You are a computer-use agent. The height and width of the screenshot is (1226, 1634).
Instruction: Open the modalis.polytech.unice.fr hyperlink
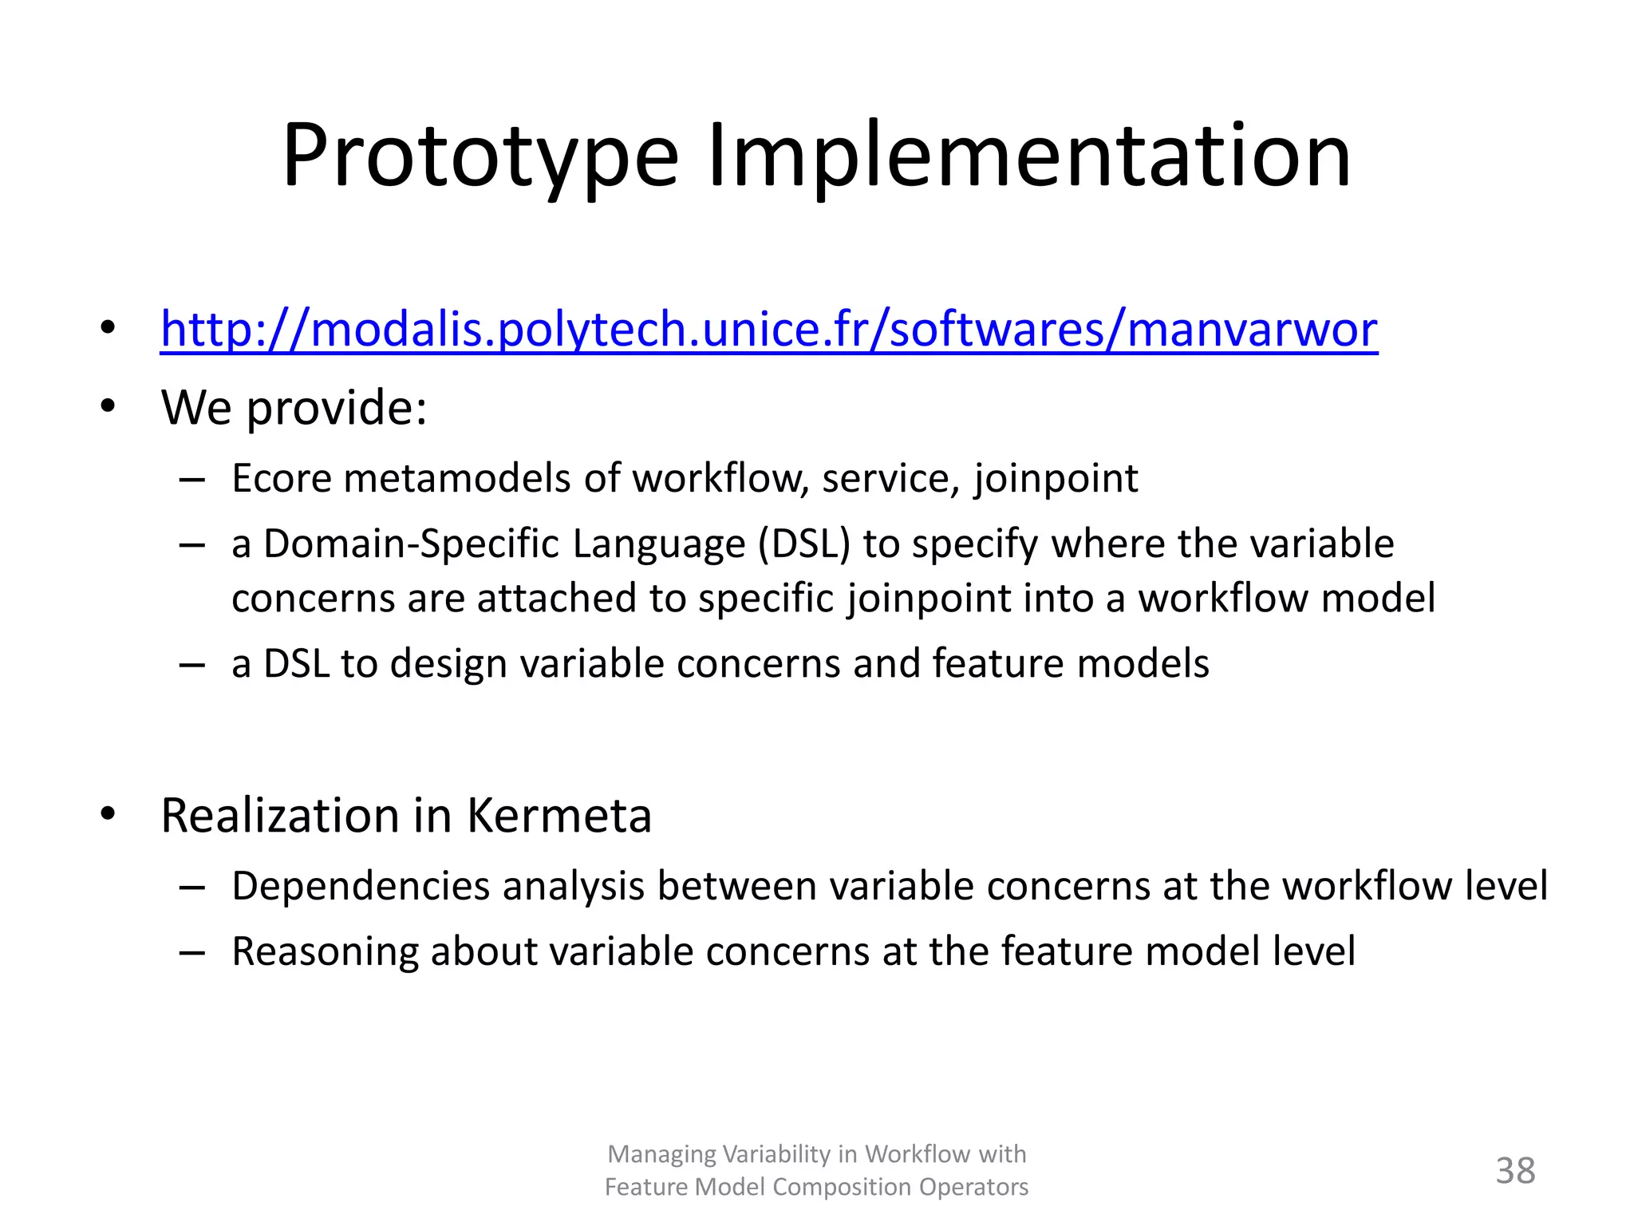pos(768,329)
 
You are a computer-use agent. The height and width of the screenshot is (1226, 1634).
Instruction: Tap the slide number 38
pos(1514,1171)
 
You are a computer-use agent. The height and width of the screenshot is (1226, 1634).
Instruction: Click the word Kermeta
pos(558,816)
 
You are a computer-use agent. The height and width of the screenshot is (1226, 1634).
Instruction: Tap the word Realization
pos(280,816)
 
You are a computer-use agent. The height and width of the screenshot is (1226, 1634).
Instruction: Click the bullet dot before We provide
pos(108,406)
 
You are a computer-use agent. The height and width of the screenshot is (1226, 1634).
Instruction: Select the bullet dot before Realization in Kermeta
pos(108,815)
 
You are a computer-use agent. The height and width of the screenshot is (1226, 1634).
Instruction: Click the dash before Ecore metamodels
pos(192,480)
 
